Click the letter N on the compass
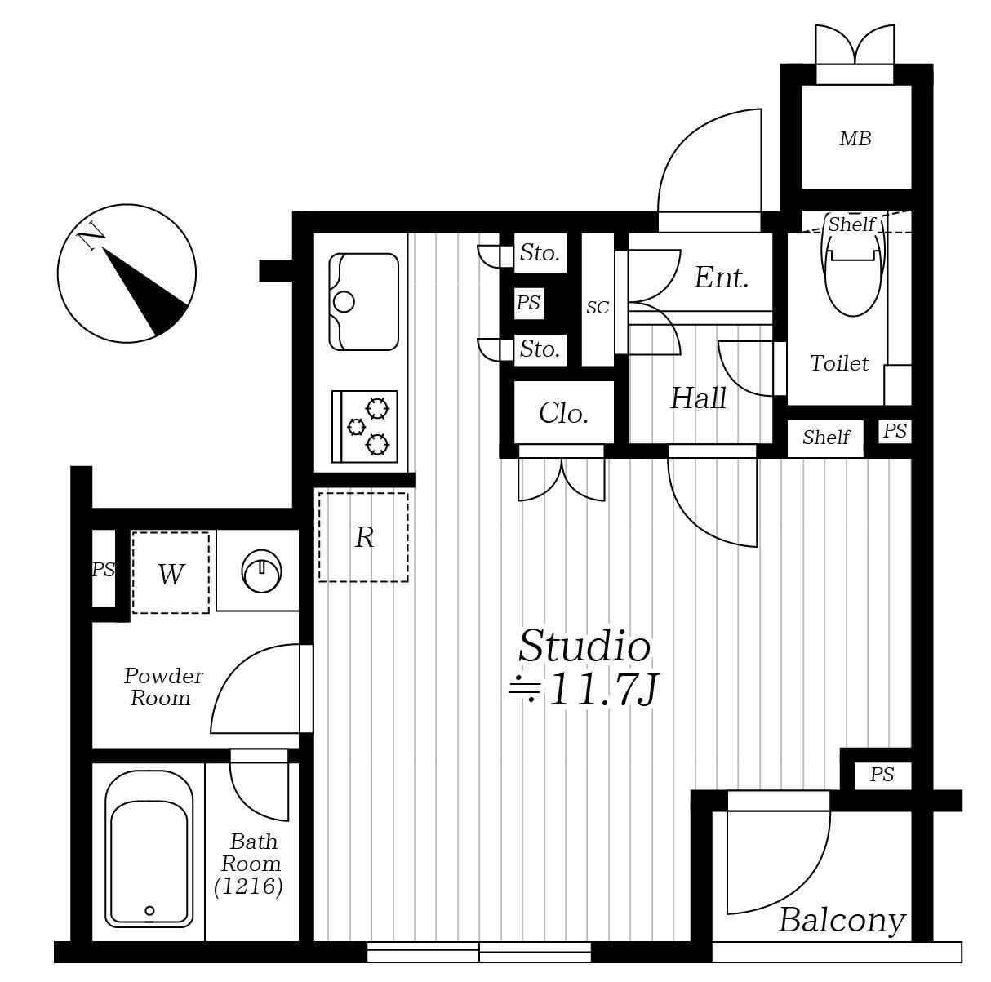91,237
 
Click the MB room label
855,139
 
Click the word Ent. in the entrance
721,278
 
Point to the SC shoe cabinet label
598,308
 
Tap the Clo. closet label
563,413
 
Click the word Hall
698,398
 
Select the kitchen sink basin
363,302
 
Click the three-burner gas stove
365,426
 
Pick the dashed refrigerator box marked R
363,538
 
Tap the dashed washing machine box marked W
171,573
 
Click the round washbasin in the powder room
261,571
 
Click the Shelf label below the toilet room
826,438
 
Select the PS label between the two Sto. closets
528,303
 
